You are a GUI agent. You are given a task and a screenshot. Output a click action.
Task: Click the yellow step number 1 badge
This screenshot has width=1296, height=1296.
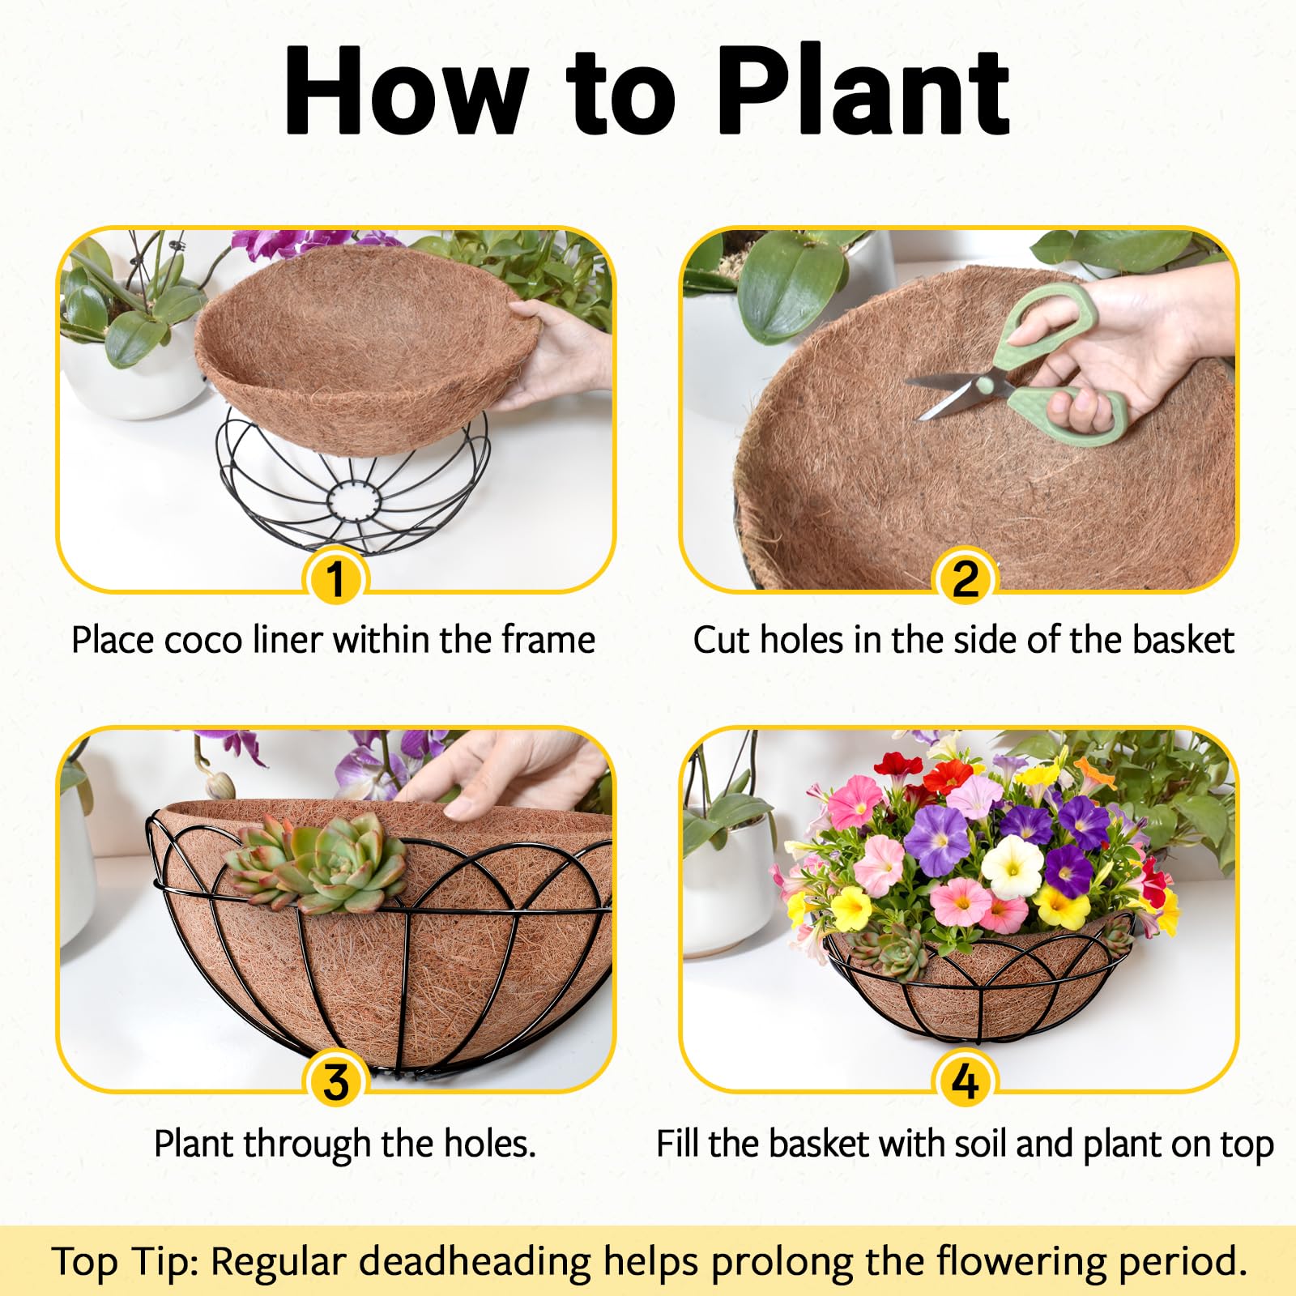tap(335, 580)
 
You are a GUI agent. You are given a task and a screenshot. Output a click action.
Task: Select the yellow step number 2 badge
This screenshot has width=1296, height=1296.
tap(964, 580)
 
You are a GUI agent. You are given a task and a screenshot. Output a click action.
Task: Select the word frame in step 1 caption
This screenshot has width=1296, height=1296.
tap(548, 640)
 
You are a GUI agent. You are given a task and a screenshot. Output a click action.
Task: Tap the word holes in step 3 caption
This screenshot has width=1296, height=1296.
tap(490, 1144)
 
